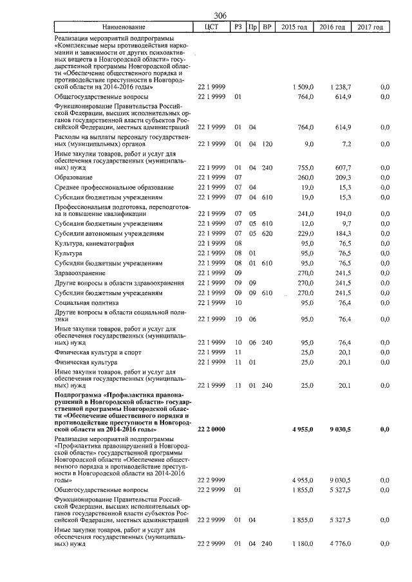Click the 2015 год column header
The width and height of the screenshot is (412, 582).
click(295, 28)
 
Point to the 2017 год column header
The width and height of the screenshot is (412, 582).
click(371, 28)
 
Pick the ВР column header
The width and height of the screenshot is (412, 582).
click(267, 28)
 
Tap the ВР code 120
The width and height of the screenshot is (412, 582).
click(267, 145)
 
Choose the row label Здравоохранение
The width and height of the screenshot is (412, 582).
click(80, 273)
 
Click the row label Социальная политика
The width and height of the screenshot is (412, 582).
click(87, 302)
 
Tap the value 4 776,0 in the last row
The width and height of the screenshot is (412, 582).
click(339, 544)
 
